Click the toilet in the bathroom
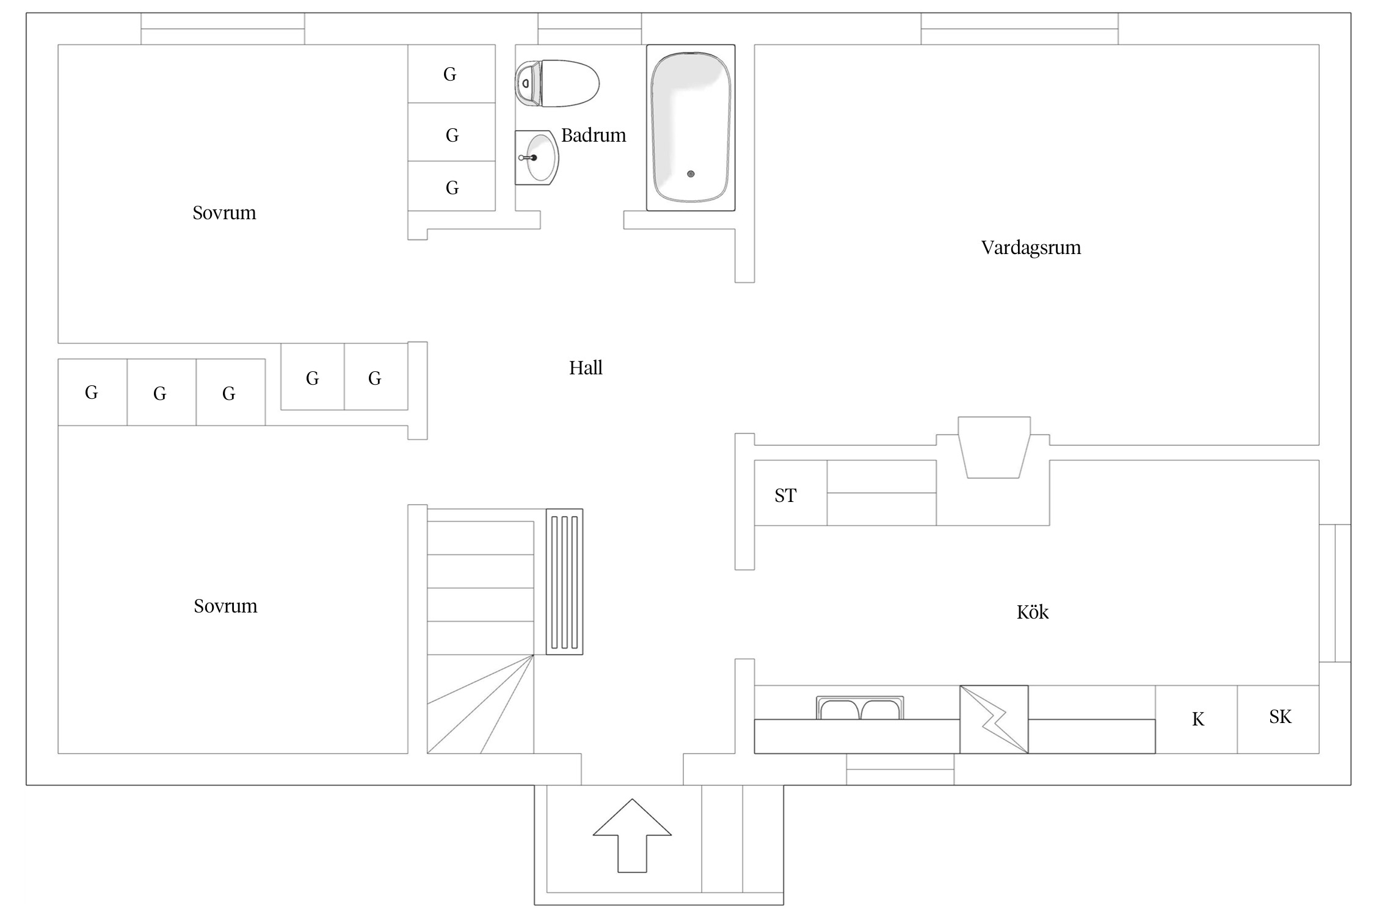point(557,83)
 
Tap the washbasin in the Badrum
point(537,158)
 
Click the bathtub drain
point(691,174)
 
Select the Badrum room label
point(594,135)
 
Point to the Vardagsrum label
point(1031,248)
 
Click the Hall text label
point(586,368)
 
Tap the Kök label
point(1032,612)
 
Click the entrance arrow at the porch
point(632,835)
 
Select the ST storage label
point(785,495)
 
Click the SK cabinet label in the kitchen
point(1280,716)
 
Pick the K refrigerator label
point(1198,719)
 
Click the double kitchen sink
point(860,708)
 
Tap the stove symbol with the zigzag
point(994,719)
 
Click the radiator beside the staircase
point(564,581)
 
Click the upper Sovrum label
point(224,213)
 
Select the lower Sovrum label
point(225,606)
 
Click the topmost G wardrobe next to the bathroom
point(450,74)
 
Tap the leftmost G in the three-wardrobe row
point(92,392)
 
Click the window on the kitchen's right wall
point(1335,593)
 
